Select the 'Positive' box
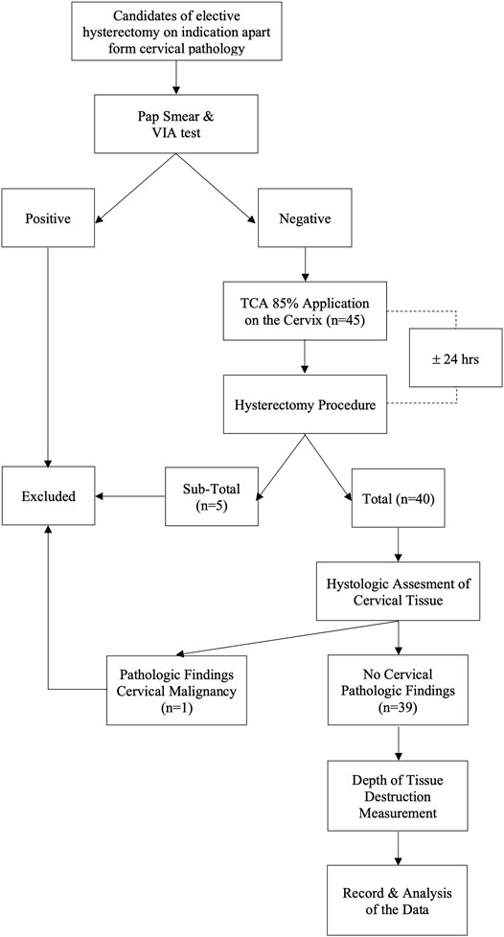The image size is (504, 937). tap(48, 217)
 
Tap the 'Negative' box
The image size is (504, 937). tap(305, 217)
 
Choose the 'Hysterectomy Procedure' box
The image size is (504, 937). tap(305, 404)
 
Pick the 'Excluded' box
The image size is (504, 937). tap(48, 496)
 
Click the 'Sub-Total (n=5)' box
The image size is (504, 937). tap(212, 496)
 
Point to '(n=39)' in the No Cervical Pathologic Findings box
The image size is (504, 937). tap(399, 707)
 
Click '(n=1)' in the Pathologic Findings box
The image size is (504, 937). tap(176, 707)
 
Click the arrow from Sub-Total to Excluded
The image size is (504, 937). tap(130, 495)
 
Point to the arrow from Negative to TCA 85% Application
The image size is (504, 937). tap(305, 263)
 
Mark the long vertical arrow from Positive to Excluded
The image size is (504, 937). tap(47, 356)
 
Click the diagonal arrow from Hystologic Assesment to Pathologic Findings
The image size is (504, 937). tap(287, 638)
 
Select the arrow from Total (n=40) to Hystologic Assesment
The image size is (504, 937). tap(399, 544)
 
